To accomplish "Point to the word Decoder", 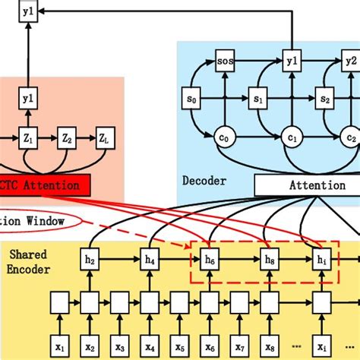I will pos(204,180).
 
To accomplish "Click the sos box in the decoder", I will pos(225,59).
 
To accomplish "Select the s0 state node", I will pos(191,99).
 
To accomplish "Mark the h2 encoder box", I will pos(90,261).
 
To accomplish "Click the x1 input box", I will pos(61,346).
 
